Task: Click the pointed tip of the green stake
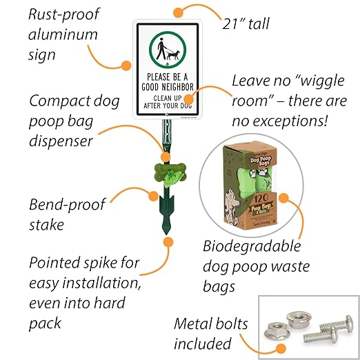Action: [x=166, y=232]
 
